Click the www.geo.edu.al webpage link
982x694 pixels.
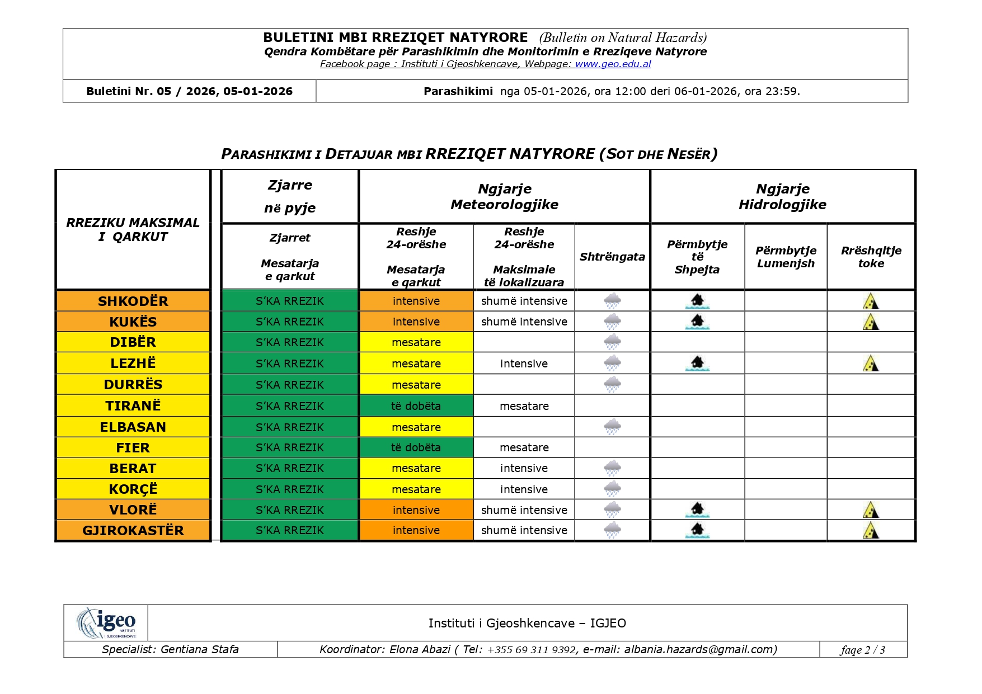(613, 64)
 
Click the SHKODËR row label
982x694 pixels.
(133, 301)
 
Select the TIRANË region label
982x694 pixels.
(133, 405)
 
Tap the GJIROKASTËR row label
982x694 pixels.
(133, 531)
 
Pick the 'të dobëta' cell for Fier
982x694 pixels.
(416, 448)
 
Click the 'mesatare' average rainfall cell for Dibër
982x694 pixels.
(416, 342)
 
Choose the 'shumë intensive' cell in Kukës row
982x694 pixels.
(524, 322)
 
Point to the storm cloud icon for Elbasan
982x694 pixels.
(612, 427)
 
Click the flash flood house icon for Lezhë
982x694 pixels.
(697, 363)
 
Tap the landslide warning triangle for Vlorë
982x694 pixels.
(871, 510)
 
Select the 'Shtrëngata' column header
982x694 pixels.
(612, 257)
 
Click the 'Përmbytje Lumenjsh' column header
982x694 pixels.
(786, 257)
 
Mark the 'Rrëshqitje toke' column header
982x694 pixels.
(871, 257)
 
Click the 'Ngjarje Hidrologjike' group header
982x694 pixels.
(782, 197)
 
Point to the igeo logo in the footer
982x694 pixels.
(106, 622)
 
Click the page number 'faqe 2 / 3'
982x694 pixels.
(862, 650)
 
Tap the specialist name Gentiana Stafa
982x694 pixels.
(199, 649)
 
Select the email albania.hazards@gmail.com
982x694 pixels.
(699, 649)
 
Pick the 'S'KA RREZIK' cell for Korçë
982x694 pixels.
(290, 489)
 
